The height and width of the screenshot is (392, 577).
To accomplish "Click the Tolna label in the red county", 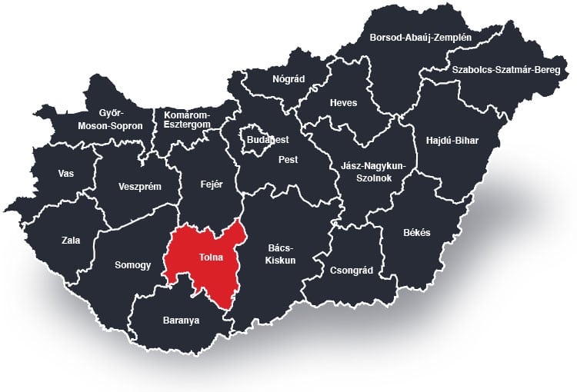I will click(x=210, y=257).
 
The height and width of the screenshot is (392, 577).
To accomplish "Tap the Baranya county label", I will click(x=181, y=320).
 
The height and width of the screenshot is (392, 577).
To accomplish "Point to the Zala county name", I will click(x=71, y=241).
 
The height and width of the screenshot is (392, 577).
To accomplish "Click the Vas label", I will click(x=66, y=173).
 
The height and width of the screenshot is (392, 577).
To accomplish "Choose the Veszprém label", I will click(x=140, y=186).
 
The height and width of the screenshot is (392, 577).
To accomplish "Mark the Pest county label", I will click(x=288, y=160).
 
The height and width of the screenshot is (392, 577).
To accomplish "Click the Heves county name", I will click(x=343, y=103).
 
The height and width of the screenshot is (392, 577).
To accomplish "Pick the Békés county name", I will click(x=417, y=232).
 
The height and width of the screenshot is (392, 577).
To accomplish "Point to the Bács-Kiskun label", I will click(x=282, y=254).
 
